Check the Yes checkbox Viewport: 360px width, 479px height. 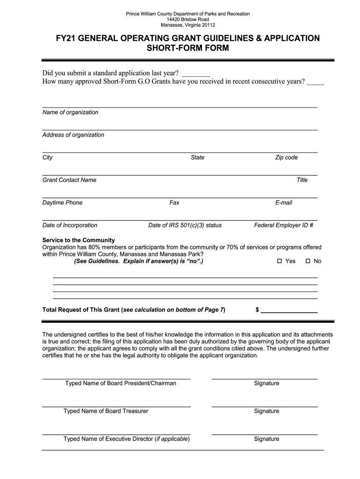pyautogui.click(x=280, y=261)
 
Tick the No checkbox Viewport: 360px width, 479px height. pyautogui.click(x=308, y=261)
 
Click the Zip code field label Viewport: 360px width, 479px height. pyautogui.click(x=286, y=158)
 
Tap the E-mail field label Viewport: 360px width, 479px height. pyautogui.click(x=284, y=203)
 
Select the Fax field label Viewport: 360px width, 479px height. pyautogui.click(x=174, y=203)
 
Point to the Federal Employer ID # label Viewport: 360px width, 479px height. pyautogui.click(x=283, y=225)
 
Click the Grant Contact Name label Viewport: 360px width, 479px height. pyautogui.click(x=69, y=180)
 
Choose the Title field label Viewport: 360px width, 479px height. pyautogui.click(x=302, y=180)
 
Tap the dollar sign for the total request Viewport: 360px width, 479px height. pyautogui.click(x=257, y=310)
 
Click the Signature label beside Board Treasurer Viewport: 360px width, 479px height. pyautogui.click(x=266, y=411)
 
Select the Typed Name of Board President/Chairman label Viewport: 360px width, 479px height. pyautogui.click(x=121, y=384)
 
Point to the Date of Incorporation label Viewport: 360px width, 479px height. pyautogui.click(x=70, y=225)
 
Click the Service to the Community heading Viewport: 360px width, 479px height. pyautogui.click(x=75, y=240)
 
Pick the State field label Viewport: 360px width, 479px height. pyautogui.click(x=197, y=158)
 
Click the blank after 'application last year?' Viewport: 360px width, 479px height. pyautogui.click(x=196, y=73)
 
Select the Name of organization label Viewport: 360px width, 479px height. pyautogui.click(x=71, y=112)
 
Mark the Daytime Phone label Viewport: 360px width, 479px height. pyautogui.click(x=63, y=203)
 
